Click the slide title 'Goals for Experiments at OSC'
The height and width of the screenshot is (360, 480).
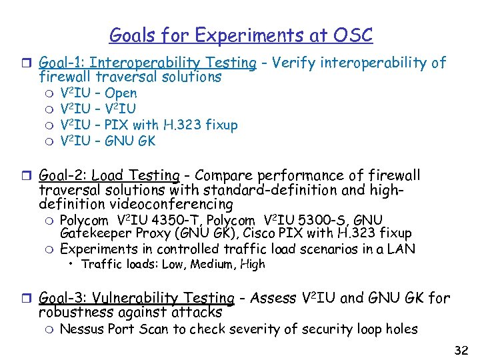coord(241,35)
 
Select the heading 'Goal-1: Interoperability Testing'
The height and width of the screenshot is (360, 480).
coord(148,63)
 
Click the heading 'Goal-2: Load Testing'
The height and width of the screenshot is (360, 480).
coord(109,176)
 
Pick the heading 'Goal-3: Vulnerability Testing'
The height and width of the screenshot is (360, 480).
coord(137,298)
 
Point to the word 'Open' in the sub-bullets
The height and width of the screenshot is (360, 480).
coord(121,93)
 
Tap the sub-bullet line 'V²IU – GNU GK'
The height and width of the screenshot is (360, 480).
coord(107,141)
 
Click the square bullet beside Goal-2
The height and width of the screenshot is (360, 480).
coord(27,176)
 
